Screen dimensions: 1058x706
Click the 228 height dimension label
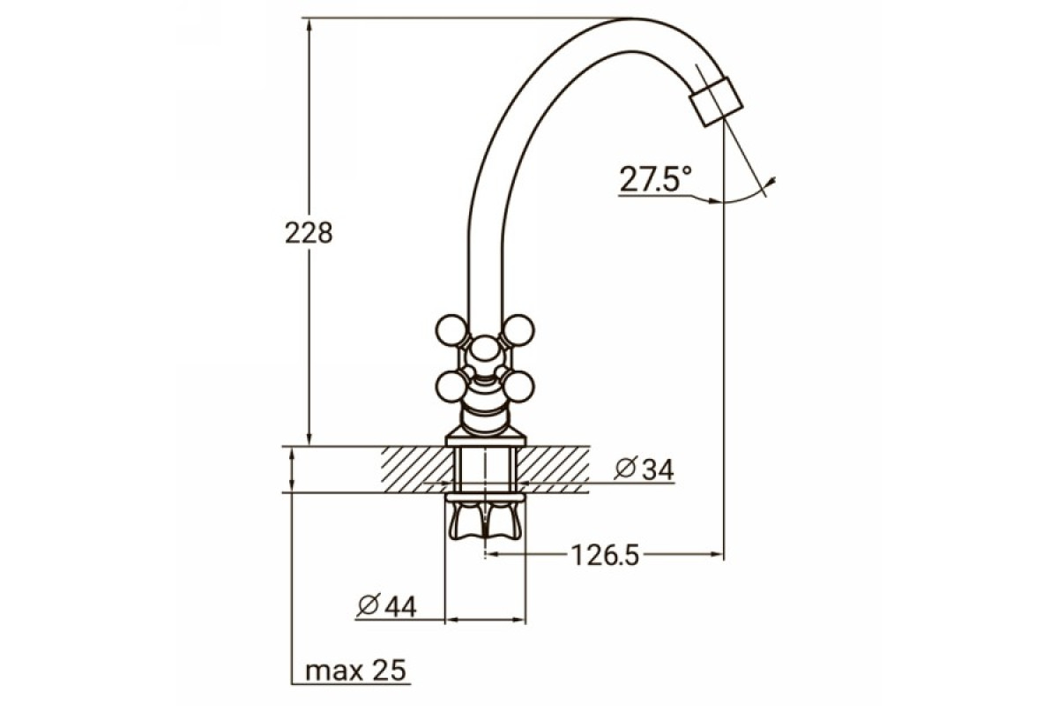coord(309,233)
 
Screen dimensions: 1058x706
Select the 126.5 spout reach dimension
coord(605,555)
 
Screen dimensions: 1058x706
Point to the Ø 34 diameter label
coord(644,469)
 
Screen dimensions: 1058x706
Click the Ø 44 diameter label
coord(387,605)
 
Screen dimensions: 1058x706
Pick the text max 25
coord(355,670)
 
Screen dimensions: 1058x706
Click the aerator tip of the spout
coord(716,101)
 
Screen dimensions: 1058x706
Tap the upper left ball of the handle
coord(451,331)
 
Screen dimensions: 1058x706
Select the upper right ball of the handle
coord(518,331)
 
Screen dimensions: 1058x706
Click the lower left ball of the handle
coord(451,387)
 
